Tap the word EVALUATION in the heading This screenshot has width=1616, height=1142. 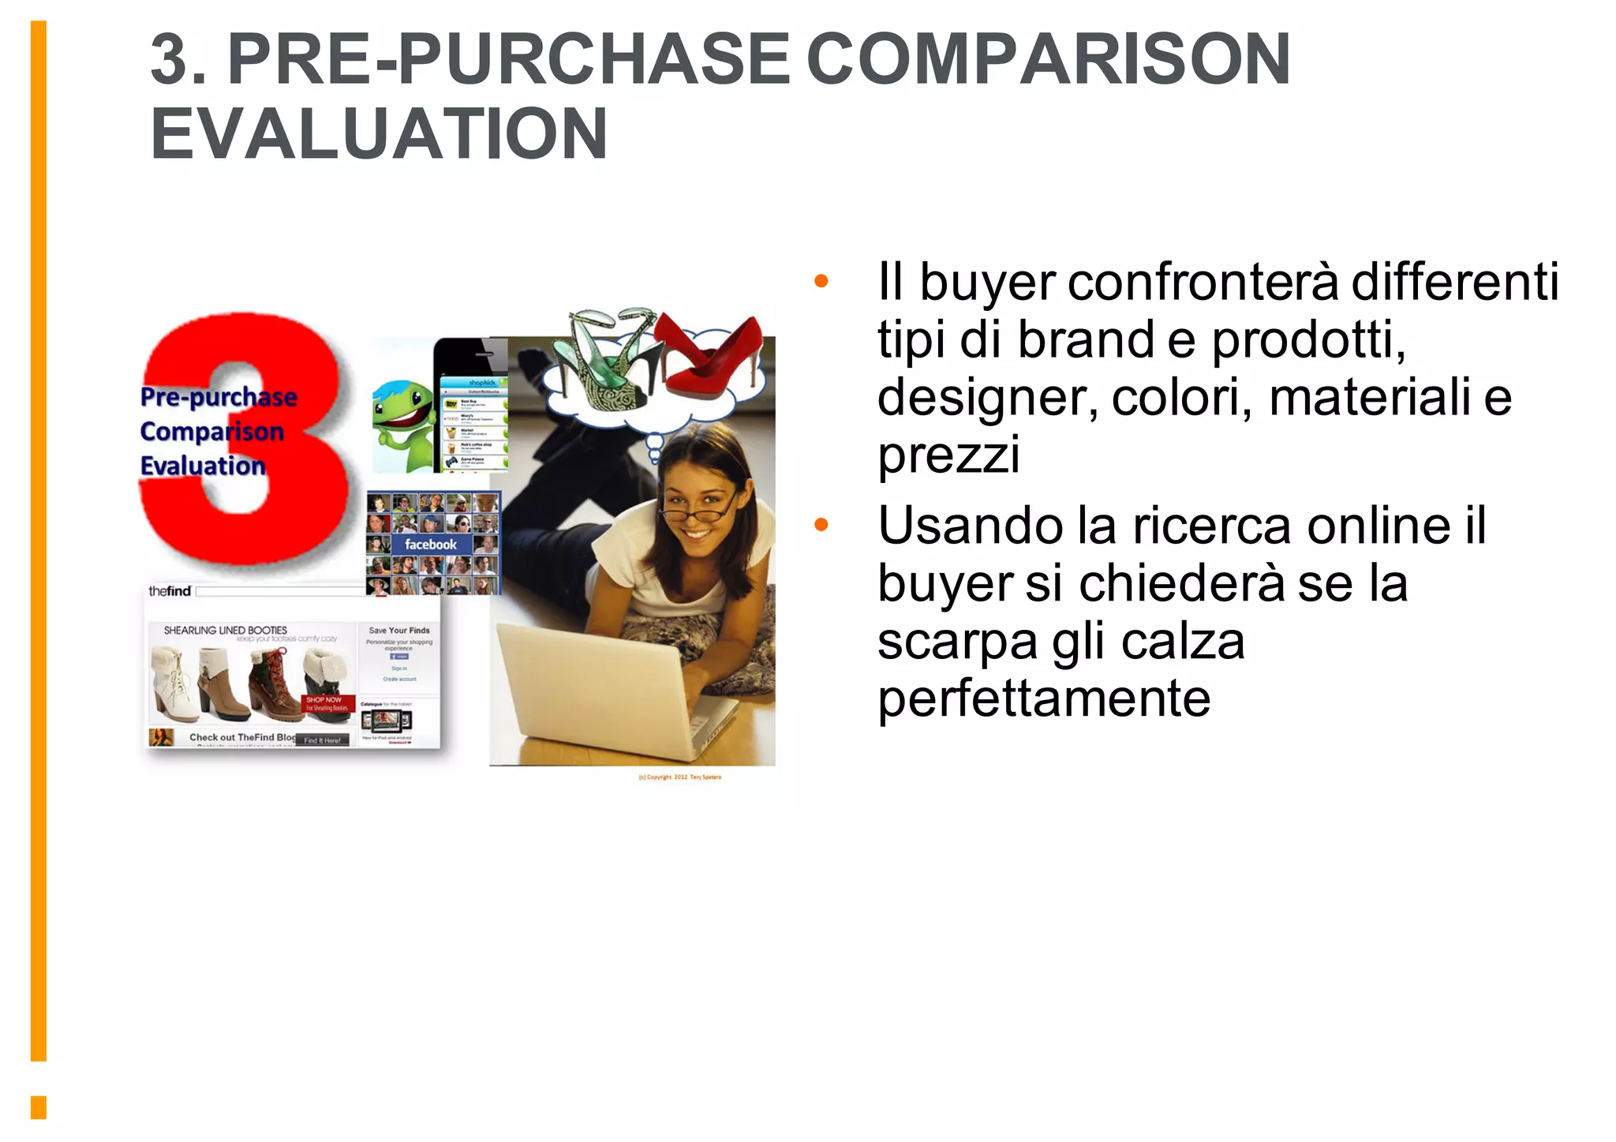coord(379,133)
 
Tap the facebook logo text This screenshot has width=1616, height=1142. coord(430,545)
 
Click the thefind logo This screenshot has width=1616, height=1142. coord(170,591)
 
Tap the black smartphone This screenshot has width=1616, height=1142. coord(472,406)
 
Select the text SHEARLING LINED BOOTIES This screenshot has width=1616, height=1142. coord(225,631)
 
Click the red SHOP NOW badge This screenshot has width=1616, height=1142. coord(326,703)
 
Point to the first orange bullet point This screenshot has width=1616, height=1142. coord(821,281)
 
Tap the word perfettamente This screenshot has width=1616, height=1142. coord(1043,698)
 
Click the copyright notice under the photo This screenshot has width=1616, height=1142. coord(679,777)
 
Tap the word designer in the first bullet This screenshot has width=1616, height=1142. coord(986,396)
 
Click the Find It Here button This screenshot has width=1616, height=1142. coord(322,740)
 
